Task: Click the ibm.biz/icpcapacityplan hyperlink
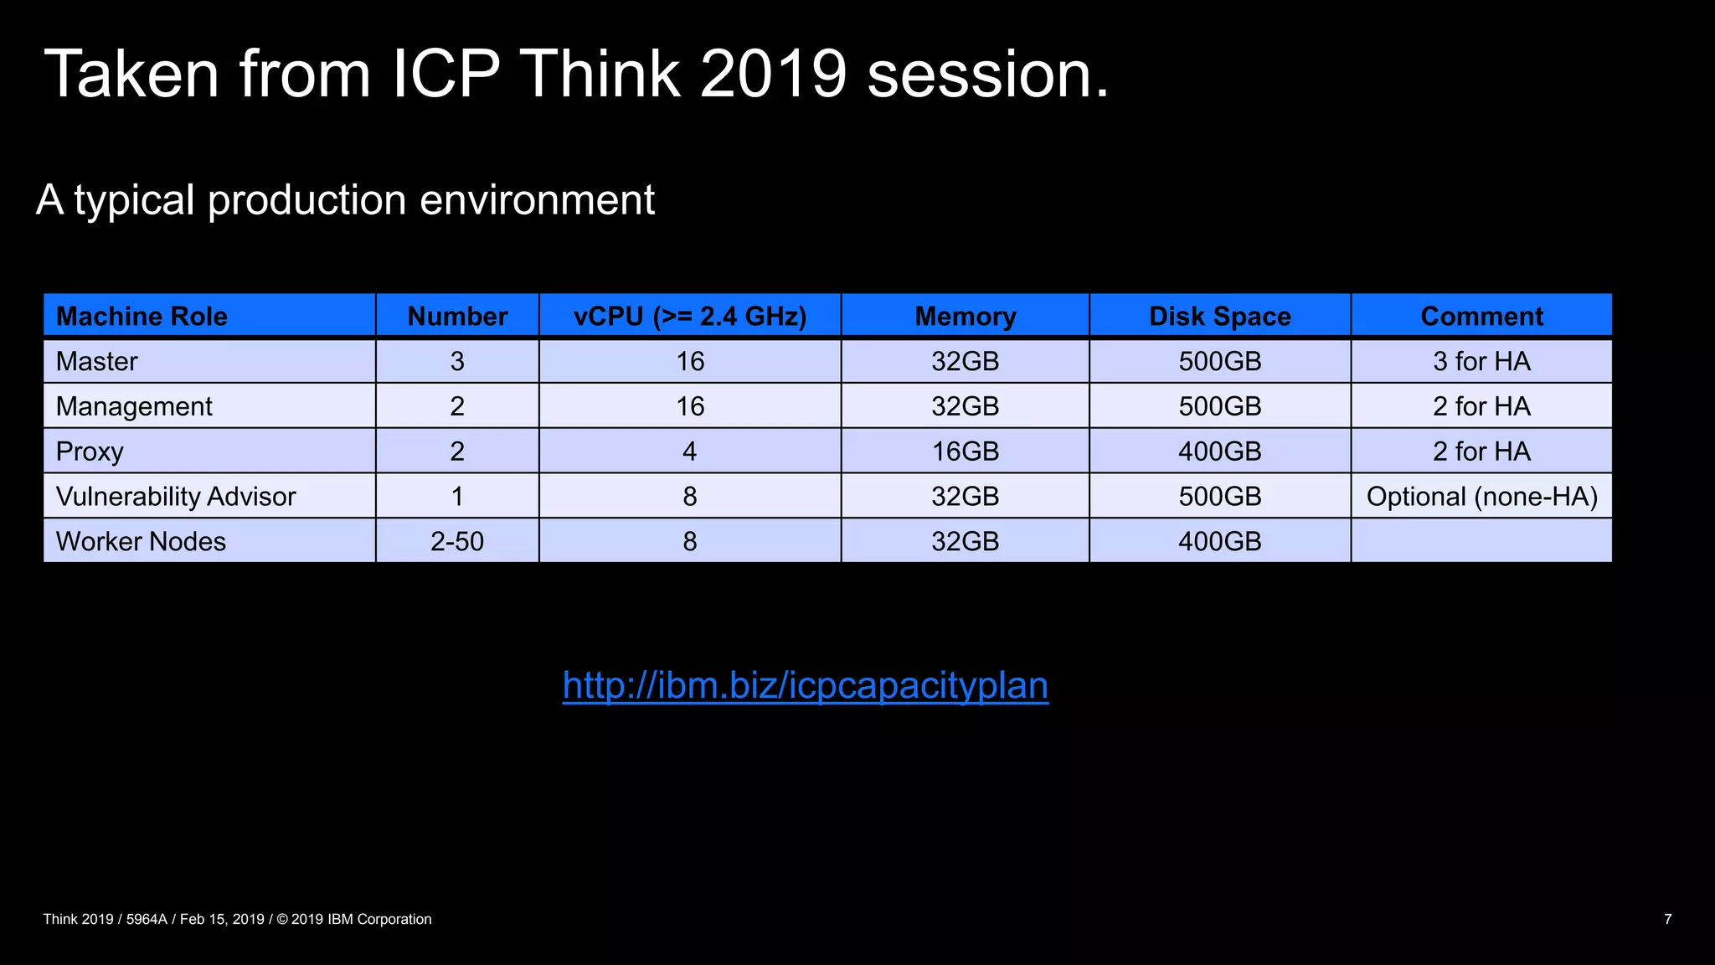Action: (x=805, y=685)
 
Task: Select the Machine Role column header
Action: (x=142, y=316)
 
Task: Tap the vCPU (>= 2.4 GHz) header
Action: (x=689, y=316)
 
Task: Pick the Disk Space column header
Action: (x=1219, y=316)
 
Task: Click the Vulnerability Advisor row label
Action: (x=176, y=496)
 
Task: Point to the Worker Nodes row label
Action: (x=141, y=541)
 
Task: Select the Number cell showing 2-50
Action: (x=457, y=541)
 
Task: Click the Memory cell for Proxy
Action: (x=965, y=452)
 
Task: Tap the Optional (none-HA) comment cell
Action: (x=1481, y=496)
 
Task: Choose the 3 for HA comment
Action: (x=1481, y=361)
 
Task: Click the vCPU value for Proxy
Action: (x=689, y=452)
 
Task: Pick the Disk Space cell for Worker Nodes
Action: (x=1219, y=541)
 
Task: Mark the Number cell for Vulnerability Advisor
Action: (x=457, y=496)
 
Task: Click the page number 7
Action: (x=1667, y=919)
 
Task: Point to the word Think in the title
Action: (x=600, y=74)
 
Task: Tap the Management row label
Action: (x=134, y=406)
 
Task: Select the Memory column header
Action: (x=965, y=316)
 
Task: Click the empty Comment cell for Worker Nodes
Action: (x=1481, y=541)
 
